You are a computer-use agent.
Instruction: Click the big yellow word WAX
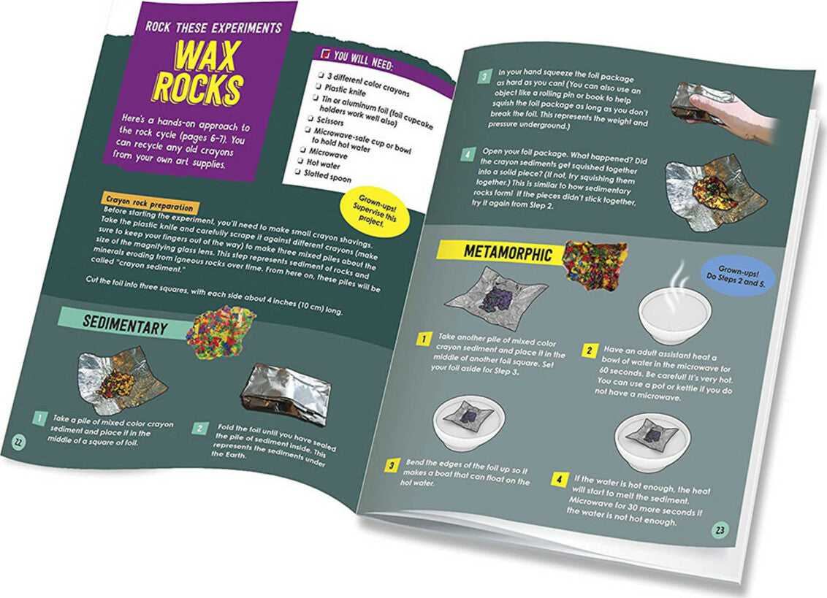[x=207, y=56]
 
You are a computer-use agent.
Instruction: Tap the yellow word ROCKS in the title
[x=199, y=88]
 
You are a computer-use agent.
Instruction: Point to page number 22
[x=18, y=442]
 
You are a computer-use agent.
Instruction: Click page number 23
[x=720, y=530]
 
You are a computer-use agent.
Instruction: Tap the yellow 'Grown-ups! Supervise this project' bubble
[x=376, y=212]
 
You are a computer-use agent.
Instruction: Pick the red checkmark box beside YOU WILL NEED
[x=326, y=54]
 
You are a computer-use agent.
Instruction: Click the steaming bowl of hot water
[x=674, y=312]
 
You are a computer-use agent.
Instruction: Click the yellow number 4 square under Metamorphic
[x=559, y=479]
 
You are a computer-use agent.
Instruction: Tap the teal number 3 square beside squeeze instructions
[x=484, y=77]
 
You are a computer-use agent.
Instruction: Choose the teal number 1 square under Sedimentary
[x=39, y=418]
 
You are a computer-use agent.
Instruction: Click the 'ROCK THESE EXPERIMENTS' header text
[x=213, y=28]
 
